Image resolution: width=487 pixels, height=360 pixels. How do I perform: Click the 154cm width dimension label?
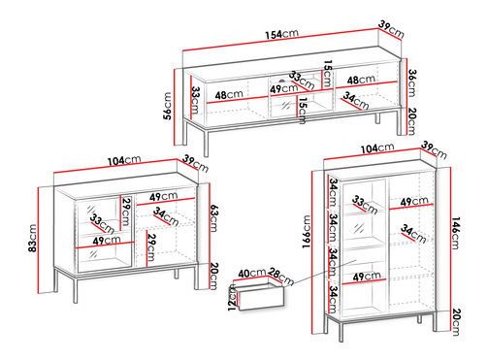point(281,34)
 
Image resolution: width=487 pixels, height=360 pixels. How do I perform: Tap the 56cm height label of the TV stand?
point(168,106)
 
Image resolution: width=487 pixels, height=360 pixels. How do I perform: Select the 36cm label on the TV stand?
point(411,83)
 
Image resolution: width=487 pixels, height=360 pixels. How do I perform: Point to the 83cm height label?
point(32,238)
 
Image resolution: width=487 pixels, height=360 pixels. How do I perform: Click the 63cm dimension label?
point(214,218)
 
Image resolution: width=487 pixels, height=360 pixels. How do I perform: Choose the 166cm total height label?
point(307,232)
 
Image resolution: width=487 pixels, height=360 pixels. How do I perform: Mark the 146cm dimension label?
point(455,234)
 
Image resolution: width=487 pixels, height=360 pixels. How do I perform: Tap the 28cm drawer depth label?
point(281,278)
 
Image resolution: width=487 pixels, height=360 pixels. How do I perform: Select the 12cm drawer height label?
point(232,298)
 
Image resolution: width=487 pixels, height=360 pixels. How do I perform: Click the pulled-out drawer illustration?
point(261,296)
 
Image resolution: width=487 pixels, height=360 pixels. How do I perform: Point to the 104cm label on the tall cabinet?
point(377,148)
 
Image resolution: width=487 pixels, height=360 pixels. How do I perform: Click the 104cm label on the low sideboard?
point(124,160)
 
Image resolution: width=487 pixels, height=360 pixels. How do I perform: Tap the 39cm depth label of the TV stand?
point(392,29)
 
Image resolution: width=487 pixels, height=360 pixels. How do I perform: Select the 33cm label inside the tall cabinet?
point(365,205)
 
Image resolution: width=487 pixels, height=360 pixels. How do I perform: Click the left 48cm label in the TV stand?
point(229,95)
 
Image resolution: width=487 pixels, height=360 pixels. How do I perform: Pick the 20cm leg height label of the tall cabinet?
point(456,322)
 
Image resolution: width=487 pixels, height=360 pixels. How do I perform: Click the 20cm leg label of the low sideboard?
point(214,276)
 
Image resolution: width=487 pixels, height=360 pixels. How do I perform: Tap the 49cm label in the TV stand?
point(284,88)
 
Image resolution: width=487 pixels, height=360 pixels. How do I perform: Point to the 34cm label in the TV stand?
point(356,101)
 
